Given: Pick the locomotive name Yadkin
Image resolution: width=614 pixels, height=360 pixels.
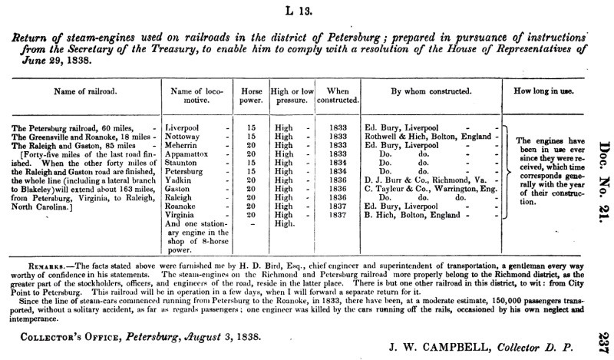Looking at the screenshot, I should pos(182,180).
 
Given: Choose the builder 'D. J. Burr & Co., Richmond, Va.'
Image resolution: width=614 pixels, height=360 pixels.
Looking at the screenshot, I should pos(418,180).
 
